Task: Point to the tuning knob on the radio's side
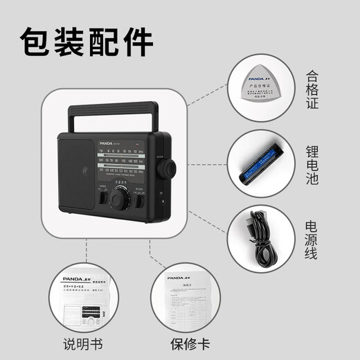coord(166,169)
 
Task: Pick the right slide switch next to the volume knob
coord(140,201)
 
